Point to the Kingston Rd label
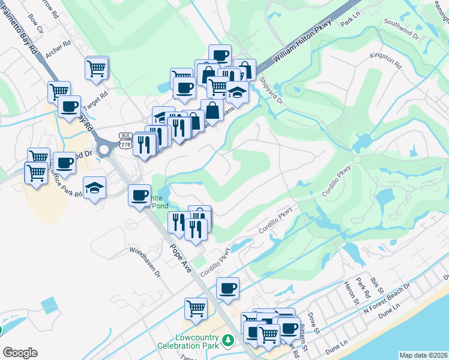coord(385,59)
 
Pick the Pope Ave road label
coord(180,257)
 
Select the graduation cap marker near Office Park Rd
coord(94,188)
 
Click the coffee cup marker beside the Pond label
coord(139,194)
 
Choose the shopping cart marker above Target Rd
coord(97,68)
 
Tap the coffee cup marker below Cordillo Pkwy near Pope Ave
coord(228,288)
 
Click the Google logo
coord(20,353)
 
